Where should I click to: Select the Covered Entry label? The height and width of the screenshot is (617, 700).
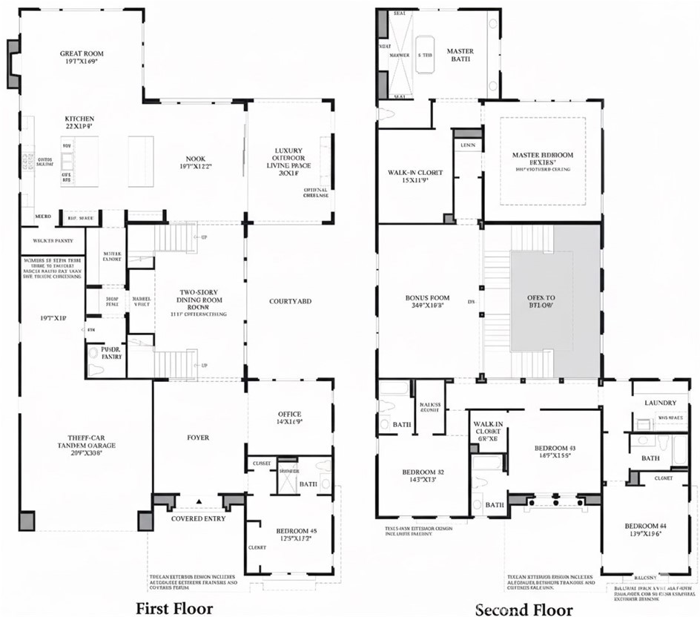[x=198, y=518]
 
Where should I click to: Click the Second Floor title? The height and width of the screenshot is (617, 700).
[x=524, y=610]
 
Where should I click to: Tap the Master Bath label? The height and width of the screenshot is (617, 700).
[x=460, y=56]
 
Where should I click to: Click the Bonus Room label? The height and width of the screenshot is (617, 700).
[x=423, y=302]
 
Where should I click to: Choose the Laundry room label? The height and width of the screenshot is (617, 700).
[x=660, y=403]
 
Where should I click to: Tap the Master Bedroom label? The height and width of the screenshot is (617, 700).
[x=542, y=159]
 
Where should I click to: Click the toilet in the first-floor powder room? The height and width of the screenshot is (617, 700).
[x=94, y=369]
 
